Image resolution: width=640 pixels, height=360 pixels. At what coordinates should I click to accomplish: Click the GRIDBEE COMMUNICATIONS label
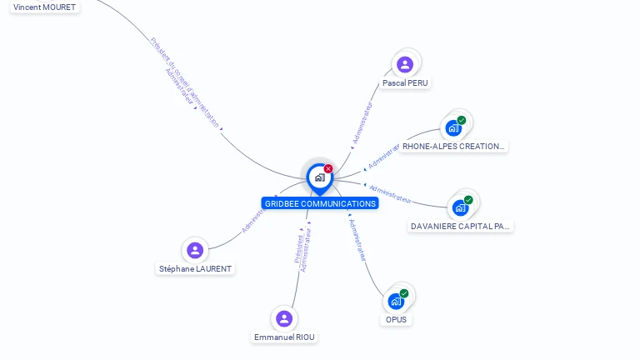click(320, 203)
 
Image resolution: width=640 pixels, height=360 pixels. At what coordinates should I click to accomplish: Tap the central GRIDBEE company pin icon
click(320, 177)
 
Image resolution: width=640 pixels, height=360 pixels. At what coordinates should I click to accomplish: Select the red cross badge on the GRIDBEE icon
click(328, 168)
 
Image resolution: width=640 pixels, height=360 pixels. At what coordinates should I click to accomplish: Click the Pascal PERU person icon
click(405, 64)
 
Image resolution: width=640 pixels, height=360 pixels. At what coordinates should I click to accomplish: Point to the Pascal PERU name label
click(406, 83)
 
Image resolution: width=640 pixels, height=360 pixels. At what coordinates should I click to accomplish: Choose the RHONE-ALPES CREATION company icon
click(453, 127)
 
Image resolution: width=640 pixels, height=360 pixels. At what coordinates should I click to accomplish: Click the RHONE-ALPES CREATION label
click(453, 147)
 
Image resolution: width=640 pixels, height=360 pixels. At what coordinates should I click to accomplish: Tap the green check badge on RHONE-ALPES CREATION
click(462, 120)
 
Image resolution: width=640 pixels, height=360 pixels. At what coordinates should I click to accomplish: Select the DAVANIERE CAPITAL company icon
click(461, 207)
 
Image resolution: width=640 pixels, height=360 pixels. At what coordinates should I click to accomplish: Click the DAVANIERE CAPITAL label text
click(461, 226)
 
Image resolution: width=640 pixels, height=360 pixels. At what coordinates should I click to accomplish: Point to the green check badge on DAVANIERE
click(468, 200)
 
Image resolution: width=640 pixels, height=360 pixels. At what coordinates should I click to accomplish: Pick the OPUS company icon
click(397, 301)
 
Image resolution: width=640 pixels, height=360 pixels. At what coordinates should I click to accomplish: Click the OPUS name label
click(397, 319)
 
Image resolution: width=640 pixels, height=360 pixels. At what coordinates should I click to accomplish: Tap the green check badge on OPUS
click(404, 293)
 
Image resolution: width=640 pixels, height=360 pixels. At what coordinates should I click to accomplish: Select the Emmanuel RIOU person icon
click(284, 318)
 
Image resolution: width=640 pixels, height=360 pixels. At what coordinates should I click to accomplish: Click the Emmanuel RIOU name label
click(285, 337)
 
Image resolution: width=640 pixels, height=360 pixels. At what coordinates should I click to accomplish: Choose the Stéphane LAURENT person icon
click(195, 250)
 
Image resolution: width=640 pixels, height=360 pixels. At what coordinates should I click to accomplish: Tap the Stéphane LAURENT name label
click(196, 269)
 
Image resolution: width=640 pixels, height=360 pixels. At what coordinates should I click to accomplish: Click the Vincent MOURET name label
click(44, 7)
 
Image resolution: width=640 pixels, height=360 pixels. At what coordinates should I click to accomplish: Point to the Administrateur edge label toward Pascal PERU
click(363, 124)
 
